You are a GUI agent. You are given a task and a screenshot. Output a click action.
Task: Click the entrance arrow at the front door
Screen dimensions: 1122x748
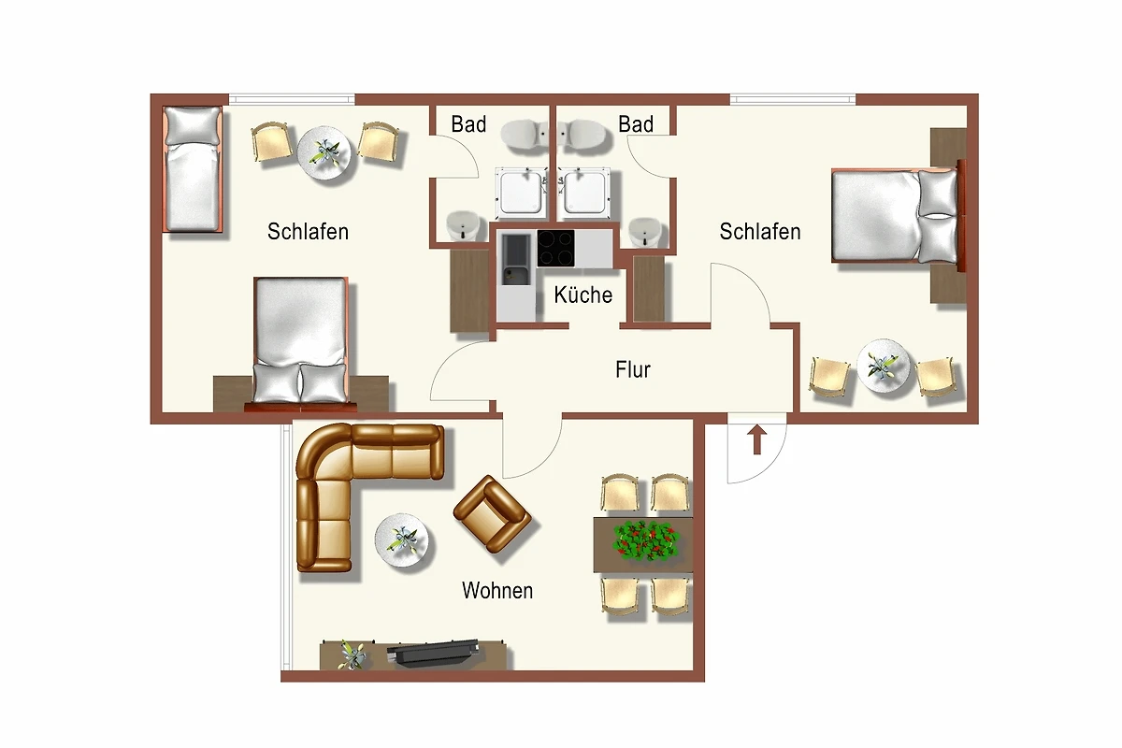coord(756,439)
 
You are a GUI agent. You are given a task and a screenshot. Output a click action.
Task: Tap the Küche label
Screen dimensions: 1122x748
coord(583,295)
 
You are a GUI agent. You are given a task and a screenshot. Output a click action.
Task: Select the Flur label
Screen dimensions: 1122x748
coord(633,369)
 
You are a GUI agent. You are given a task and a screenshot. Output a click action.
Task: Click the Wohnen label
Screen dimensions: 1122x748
coord(497,591)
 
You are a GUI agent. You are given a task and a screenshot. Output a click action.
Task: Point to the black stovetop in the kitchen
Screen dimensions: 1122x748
coord(556,248)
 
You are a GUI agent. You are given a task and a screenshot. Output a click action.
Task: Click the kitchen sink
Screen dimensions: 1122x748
coord(516,260)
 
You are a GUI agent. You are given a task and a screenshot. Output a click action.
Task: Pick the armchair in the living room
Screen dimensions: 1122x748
coord(492,514)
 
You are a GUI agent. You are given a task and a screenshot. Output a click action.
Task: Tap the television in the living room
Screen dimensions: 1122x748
coord(433,653)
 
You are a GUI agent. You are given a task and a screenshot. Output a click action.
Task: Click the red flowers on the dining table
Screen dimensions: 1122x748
coord(647,540)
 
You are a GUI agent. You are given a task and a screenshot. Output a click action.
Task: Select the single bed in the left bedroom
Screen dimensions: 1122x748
coord(193,169)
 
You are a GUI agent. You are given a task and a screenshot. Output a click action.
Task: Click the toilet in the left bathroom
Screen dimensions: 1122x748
coord(525,136)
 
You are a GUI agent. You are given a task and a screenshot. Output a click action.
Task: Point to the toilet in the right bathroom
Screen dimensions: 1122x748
coord(582,135)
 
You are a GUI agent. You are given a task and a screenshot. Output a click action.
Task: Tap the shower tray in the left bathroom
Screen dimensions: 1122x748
coord(522,193)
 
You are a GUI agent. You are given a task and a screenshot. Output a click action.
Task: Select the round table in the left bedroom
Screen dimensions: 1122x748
coord(324,152)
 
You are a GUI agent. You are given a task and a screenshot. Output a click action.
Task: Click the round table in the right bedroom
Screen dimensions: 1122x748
coord(883,366)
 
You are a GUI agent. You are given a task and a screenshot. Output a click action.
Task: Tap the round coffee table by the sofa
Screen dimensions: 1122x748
coord(401,540)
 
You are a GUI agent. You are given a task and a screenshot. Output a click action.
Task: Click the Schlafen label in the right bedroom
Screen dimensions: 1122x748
coord(760,232)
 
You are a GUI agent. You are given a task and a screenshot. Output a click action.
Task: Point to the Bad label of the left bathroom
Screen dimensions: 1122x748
coord(468,124)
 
